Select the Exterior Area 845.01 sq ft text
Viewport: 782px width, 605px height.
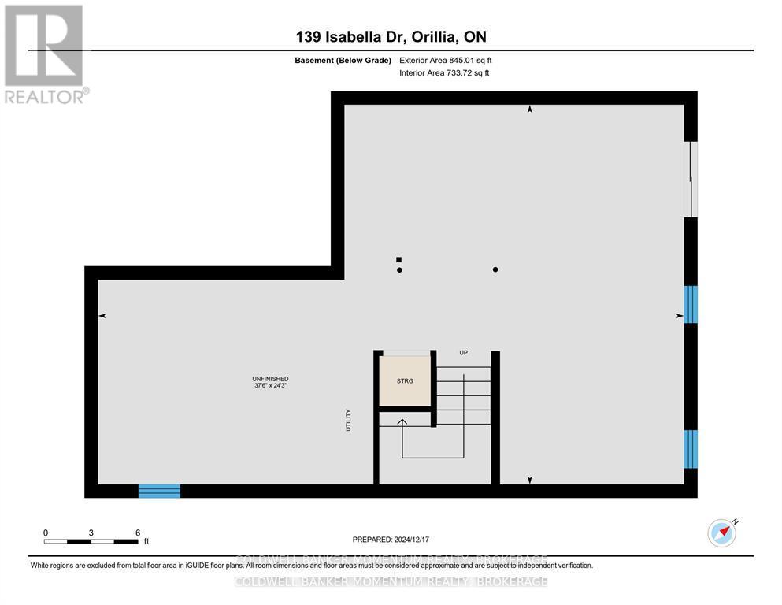446,60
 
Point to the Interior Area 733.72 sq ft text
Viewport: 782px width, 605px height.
444,73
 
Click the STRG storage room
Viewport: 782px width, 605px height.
405,381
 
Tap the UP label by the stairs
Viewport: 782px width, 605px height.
463,353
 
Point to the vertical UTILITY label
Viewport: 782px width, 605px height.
347,419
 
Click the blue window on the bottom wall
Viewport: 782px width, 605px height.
159,491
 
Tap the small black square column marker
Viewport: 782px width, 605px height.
399,259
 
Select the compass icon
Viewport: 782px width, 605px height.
721,533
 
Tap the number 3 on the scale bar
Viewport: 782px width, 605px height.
91,533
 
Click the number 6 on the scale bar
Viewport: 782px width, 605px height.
138,533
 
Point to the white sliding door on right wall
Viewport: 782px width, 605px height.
691,180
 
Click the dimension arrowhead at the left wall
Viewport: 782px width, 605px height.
102,316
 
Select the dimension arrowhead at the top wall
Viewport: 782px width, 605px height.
529,109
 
